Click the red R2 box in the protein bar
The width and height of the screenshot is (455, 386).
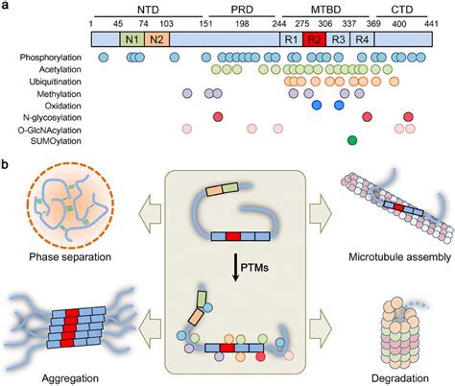[x=315, y=39]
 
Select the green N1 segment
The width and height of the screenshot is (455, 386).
[x=132, y=39]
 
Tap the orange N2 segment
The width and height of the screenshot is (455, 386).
[x=156, y=39]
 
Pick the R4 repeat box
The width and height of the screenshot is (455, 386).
[x=362, y=39]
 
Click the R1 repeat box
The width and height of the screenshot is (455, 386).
[x=291, y=39]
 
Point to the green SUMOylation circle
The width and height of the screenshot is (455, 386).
[x=352, y=140]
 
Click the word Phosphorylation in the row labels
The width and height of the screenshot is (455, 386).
[x=51, y=58]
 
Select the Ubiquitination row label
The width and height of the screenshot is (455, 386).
[x=55, y=82]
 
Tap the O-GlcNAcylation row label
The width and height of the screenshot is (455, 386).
[x=50, y=131]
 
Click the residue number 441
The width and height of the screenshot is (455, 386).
[x=431, y=24]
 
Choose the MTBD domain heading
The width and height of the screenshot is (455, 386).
[x=326, y=10]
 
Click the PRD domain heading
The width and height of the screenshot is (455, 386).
[x=242, y=10]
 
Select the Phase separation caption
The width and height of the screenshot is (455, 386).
[x=70, y=257]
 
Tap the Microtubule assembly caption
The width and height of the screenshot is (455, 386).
[x=400, y=256]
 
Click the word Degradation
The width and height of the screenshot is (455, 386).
[x=400, y=378]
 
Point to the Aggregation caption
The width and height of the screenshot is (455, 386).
[x=70, y=378]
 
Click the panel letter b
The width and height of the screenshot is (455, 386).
[x=6, y=165]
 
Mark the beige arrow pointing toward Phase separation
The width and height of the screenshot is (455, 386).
[x=150, y=212]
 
